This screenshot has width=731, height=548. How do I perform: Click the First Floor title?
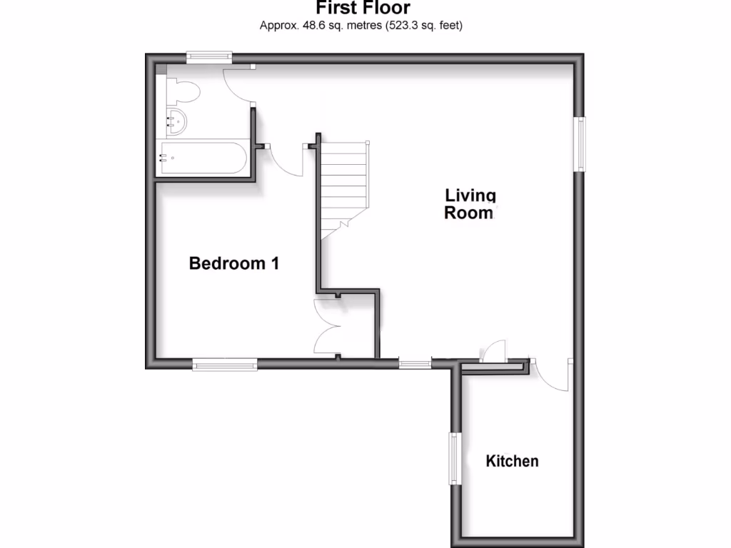(363, 9)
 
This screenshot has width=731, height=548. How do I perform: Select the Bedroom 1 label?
(233, 263)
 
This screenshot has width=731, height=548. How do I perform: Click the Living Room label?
(470, 203)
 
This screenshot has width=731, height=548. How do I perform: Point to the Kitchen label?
(512, 461)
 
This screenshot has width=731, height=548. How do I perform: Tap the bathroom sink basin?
(176, 121)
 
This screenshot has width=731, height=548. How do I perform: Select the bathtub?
(203, 158)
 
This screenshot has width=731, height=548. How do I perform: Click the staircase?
(343, 186)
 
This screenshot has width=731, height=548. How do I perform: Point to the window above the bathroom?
(209, 57)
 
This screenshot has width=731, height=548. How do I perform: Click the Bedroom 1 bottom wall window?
(225, 365)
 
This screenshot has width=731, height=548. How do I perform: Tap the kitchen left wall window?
(453, 458)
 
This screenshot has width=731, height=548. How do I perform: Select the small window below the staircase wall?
(415, 365)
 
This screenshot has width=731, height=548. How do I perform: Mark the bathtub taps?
(165, 158)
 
